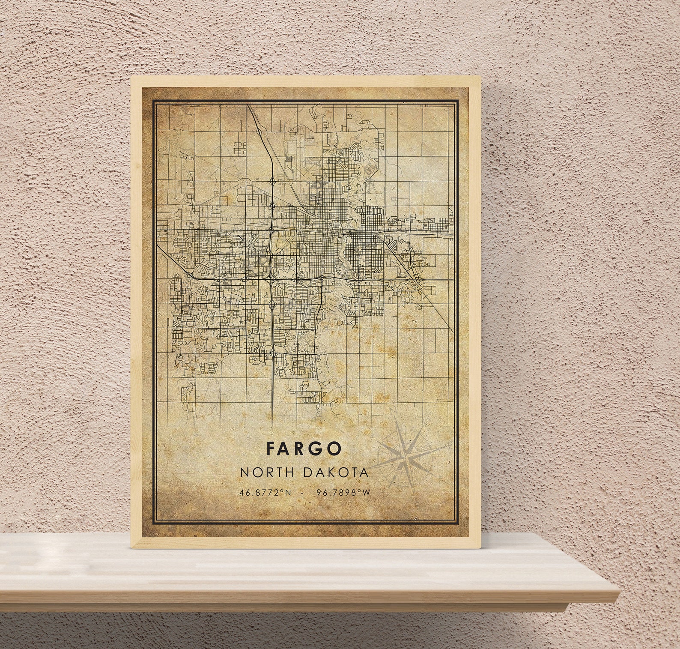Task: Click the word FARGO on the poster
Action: pos(304,448)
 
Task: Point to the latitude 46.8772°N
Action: pos(265,493)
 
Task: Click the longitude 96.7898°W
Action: pos(343,493)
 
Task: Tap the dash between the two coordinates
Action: pos(304,493)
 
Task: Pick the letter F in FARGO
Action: pos(271,448)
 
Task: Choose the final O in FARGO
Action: pos(335,448)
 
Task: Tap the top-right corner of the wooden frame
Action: pos(480,78)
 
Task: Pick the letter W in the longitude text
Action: pos(366,493)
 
